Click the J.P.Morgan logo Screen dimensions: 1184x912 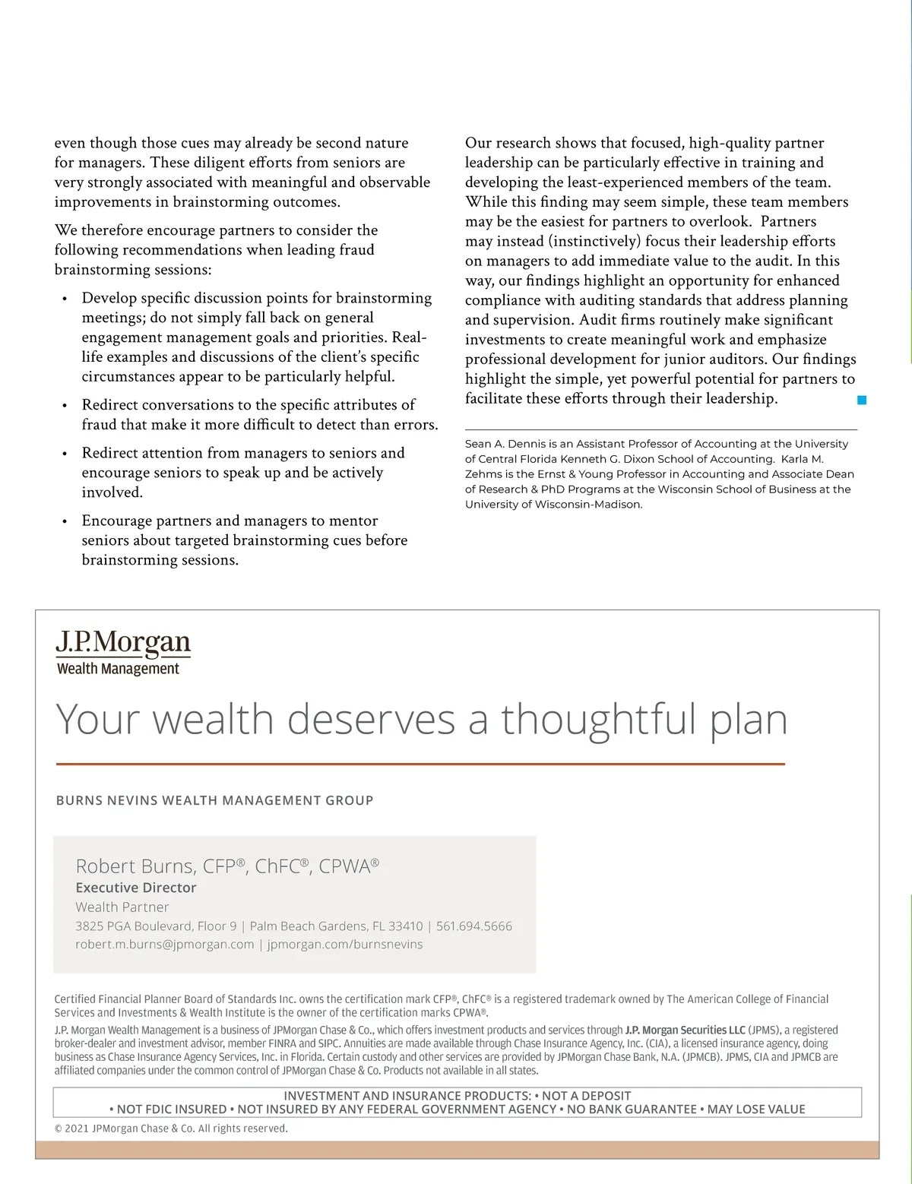coord(123,642)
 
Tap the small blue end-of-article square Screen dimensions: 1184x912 coord(862,400)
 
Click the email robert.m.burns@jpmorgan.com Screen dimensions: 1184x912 coord(165,945)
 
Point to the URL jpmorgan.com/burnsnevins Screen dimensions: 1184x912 coord(345,945)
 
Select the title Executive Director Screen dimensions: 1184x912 coord(136,888)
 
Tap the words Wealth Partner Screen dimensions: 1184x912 coord(122,907)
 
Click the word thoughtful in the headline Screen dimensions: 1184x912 coord(599,719)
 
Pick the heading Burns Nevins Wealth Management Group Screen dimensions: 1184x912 coord(215,800)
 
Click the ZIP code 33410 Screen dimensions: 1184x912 coord(406,926)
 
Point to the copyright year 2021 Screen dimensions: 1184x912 coord(76,1129)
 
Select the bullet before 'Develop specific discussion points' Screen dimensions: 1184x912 coord(65,299)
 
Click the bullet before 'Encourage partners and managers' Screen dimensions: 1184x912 coord(65,521)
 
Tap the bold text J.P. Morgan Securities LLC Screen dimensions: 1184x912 coord(685,1030)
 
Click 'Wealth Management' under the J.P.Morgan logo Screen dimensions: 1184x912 coord(119,669)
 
